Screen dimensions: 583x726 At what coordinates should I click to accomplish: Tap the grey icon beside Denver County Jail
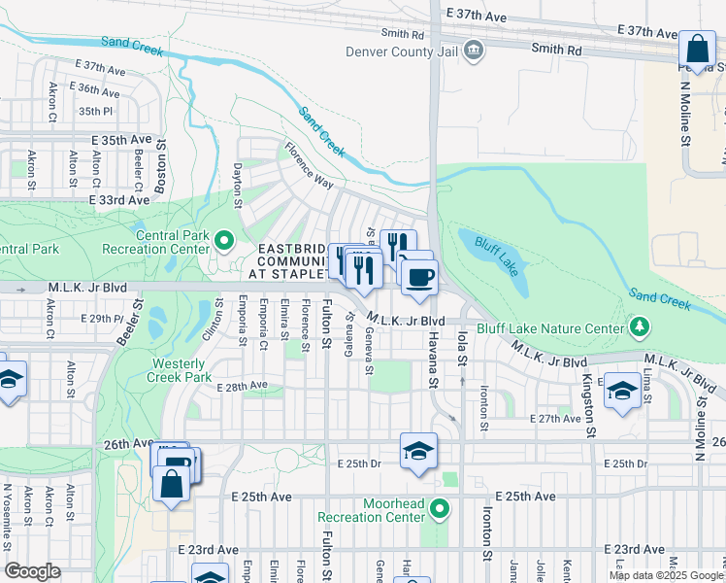[473, 50]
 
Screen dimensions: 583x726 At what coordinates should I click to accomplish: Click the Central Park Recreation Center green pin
[224, 239]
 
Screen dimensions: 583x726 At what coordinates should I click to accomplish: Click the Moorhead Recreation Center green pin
[440, 508]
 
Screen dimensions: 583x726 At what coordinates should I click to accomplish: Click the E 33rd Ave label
[119, 199]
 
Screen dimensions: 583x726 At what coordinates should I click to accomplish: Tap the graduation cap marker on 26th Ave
[418, 451]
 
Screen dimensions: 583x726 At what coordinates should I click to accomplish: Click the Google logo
[33, 571]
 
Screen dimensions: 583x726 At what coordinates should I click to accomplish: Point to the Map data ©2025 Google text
[666, 574]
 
